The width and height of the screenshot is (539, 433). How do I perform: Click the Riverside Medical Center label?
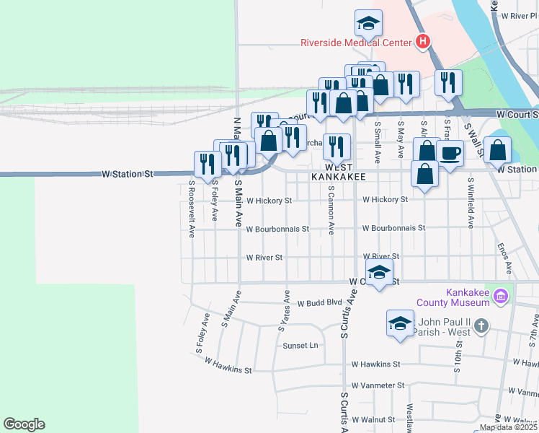355,41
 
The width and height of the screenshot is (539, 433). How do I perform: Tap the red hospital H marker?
424,42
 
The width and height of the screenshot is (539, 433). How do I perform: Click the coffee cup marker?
450,154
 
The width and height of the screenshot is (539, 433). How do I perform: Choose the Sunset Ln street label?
300,346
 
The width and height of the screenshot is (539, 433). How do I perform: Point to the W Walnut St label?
373,419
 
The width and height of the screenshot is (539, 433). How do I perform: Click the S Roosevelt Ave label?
192,209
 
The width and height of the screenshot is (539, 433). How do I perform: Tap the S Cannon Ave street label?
331,209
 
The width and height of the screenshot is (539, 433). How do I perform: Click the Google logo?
24,424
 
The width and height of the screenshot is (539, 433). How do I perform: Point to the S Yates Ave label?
285,310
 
